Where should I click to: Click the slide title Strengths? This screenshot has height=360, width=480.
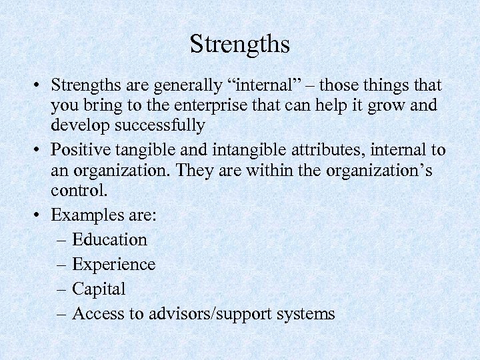point(240,45)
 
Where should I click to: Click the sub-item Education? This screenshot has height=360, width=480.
point(109,240)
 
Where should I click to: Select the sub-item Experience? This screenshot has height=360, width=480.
point(113,265)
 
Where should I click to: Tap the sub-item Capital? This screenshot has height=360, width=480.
point(99,289)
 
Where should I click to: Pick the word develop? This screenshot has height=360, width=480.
point(74,125)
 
